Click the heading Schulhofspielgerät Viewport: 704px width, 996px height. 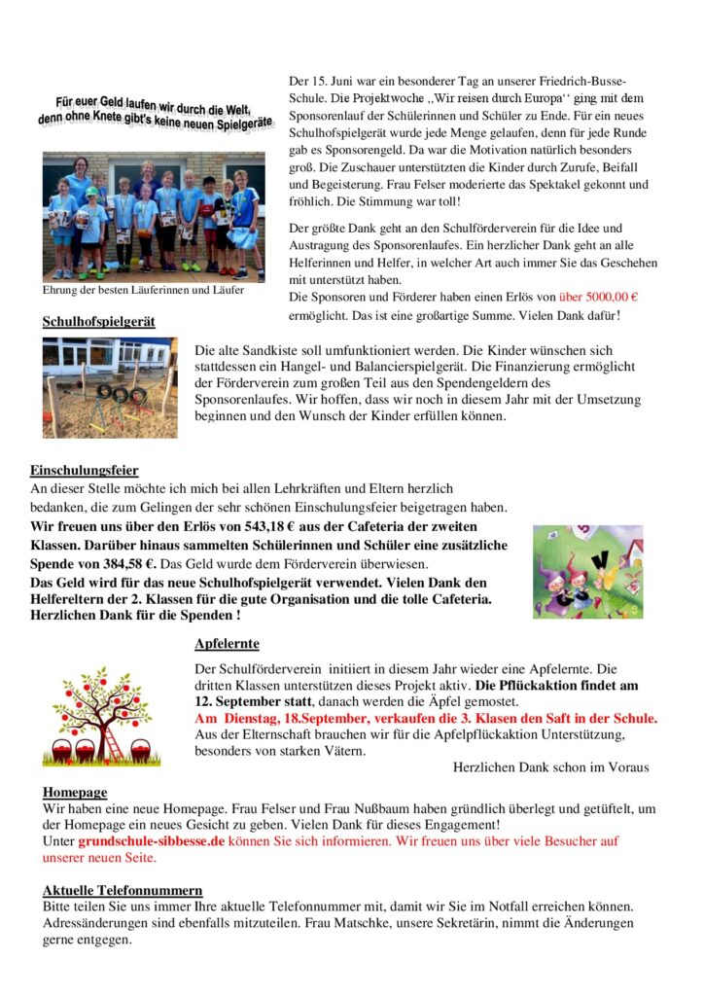click(x=98, y=321)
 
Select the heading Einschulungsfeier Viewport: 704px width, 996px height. click(x=84, y=471)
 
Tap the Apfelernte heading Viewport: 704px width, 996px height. click(x=227, y=644)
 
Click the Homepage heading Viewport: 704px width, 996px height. click(x=75, y=792)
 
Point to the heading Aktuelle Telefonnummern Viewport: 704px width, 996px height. click(x=123, y=890)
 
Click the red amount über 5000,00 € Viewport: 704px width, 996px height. click(x=598, y=297)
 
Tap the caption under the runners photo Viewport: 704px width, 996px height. click(x=143, y=290)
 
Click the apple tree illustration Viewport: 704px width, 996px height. click(x=94, y=716)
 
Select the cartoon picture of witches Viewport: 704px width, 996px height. click(x=587, y=572)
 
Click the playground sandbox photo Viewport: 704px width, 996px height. click(x=110, y=386)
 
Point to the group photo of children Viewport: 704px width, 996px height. click(x=153, y=215)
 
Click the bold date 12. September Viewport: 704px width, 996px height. click(x=240, y=700)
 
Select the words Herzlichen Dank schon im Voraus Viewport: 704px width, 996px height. click(x=550, y=767)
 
